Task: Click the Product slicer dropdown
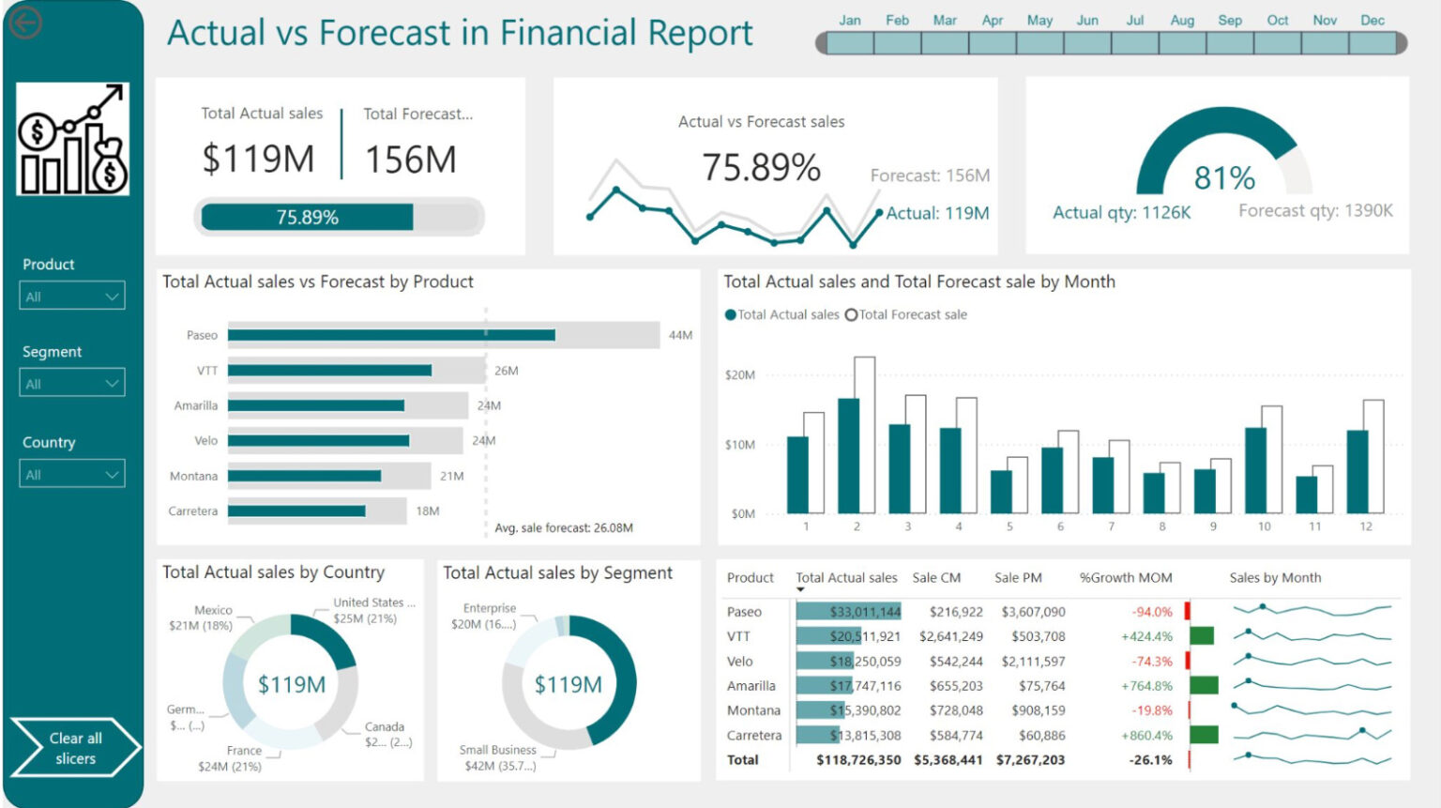point(72,297)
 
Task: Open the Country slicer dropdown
point(72,475)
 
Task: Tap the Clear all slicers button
point(75,748)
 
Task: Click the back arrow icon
point(25,23)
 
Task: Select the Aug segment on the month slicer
point(1182,42)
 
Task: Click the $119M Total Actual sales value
point(258,159)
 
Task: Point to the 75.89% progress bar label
point(307,218)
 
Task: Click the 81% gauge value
point(1224,177)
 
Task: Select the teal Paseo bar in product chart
point(391,335)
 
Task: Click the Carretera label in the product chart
point(192,511)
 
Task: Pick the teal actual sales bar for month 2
point(849,456)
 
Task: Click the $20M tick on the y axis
point(739,375)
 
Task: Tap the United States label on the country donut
point(369,602)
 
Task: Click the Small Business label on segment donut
point(497,750)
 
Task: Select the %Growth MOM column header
point(1126,578)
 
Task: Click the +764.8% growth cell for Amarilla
point(1146,686)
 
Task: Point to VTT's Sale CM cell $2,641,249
point(950,636)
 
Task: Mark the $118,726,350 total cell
point(857,760)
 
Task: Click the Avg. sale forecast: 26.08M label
point(564,528)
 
